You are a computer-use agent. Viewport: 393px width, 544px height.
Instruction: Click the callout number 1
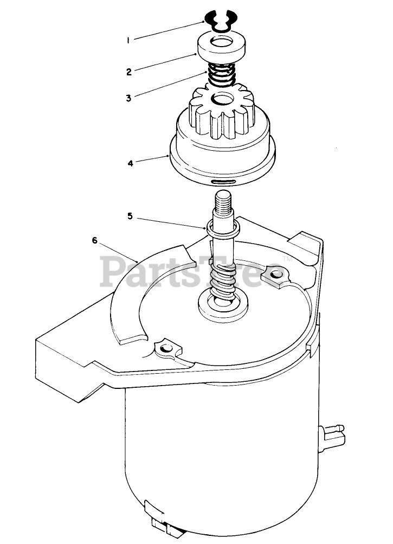coord(128,40)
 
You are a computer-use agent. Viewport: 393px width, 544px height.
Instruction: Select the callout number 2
coord(128,72)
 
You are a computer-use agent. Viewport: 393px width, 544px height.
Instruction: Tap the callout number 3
coord(128,98)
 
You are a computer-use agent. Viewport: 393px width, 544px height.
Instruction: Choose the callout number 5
coord(130,215)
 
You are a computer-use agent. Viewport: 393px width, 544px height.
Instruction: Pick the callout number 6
coord(94,241)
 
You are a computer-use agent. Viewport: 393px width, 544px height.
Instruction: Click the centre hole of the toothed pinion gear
coord(222,99)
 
